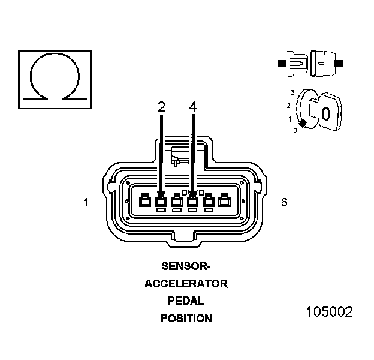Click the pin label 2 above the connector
click(161, 107)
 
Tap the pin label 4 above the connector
click(192, 107)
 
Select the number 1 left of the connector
click(86, 203)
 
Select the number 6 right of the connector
click(284, 202)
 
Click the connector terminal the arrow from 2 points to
click(161, 202)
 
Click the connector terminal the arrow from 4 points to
click(192, 202)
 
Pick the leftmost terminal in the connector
click(144, 202)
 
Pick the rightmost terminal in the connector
click(224, 202)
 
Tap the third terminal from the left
click(177, 202)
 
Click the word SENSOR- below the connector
click(186, 266)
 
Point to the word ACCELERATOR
click(186, 284)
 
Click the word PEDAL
click(186, 301)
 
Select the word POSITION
click(186, 319)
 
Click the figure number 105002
click(329, 312)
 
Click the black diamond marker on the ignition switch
click(303, 123)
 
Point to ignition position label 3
click(292, 92)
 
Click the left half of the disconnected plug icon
click(295, 62)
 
